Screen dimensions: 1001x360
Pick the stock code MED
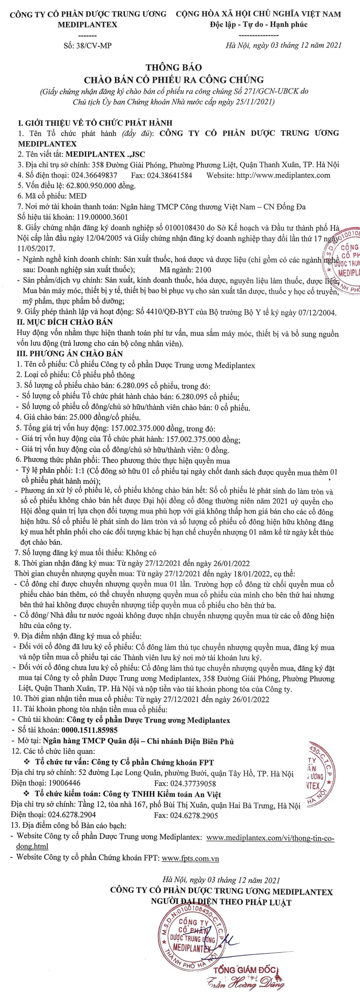click(77, 196)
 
